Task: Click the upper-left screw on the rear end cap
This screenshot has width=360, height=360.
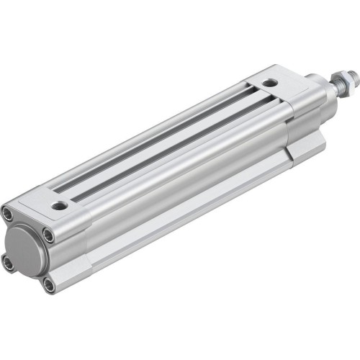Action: [9, 214]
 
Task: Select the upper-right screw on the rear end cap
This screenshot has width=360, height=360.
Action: [47, 235]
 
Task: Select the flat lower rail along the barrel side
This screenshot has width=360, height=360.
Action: [180, 216]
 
